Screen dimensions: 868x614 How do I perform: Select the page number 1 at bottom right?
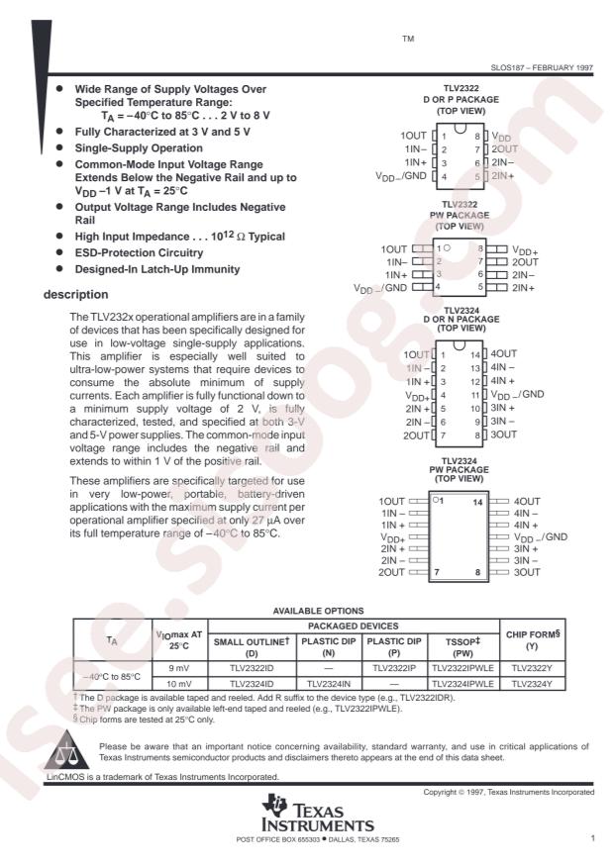coord(591,838)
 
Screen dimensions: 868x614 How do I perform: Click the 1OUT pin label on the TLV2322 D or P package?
coord(413,135)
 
